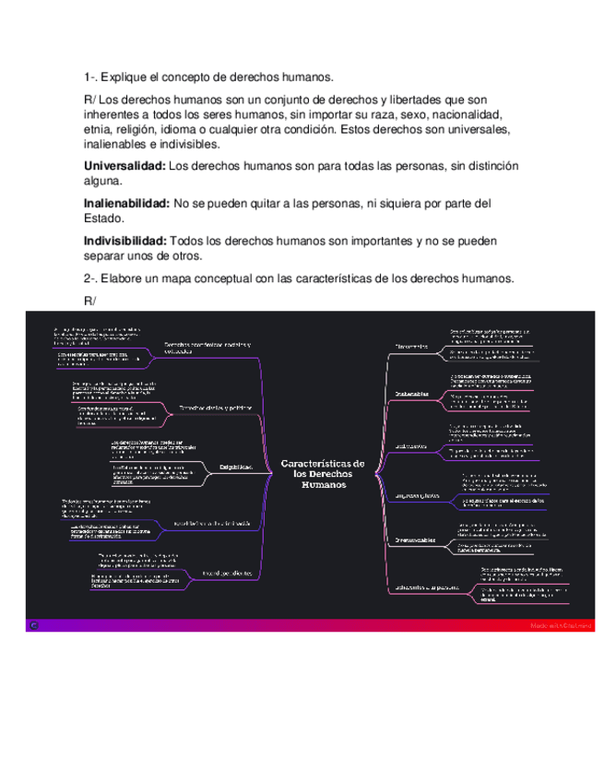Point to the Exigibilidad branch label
[237, 468]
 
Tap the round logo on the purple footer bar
[35, 624]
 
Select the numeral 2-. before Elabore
[89, 278]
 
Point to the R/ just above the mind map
[89, 301]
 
